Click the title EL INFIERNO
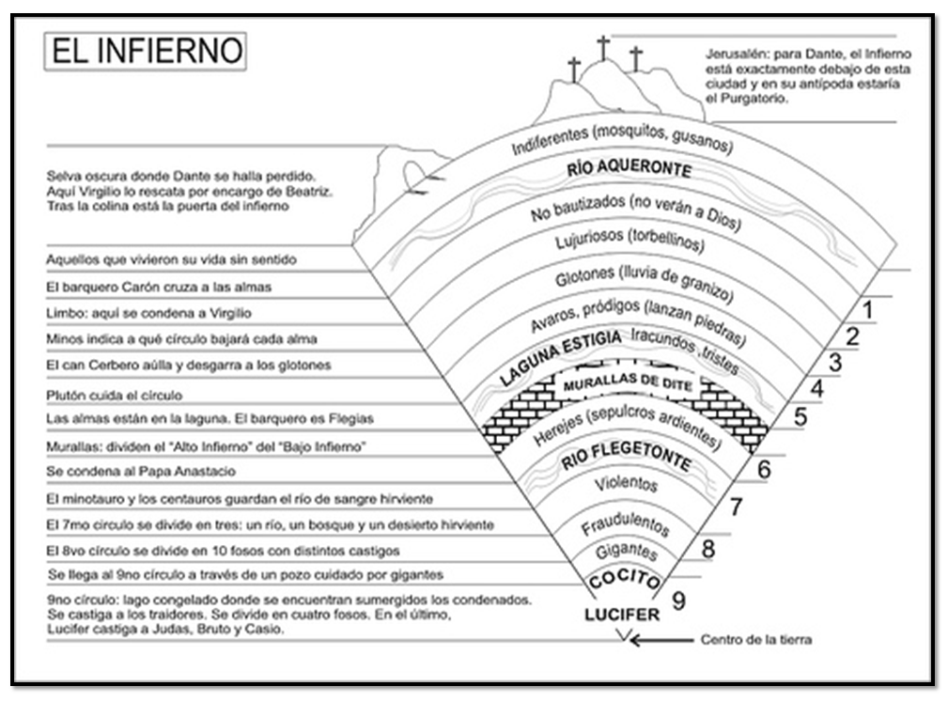(x=146, y=51)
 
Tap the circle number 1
(x=868, y=309)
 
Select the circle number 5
(x=800, y=415)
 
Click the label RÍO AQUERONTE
(x=643, y=170)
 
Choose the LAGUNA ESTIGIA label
(x=560, y=357)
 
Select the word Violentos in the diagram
(x=627, y=486)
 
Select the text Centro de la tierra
(x=756, y=641)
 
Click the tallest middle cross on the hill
(x=603, y=48)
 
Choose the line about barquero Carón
(x=160, y=287)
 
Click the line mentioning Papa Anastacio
(x=141, y=471)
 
